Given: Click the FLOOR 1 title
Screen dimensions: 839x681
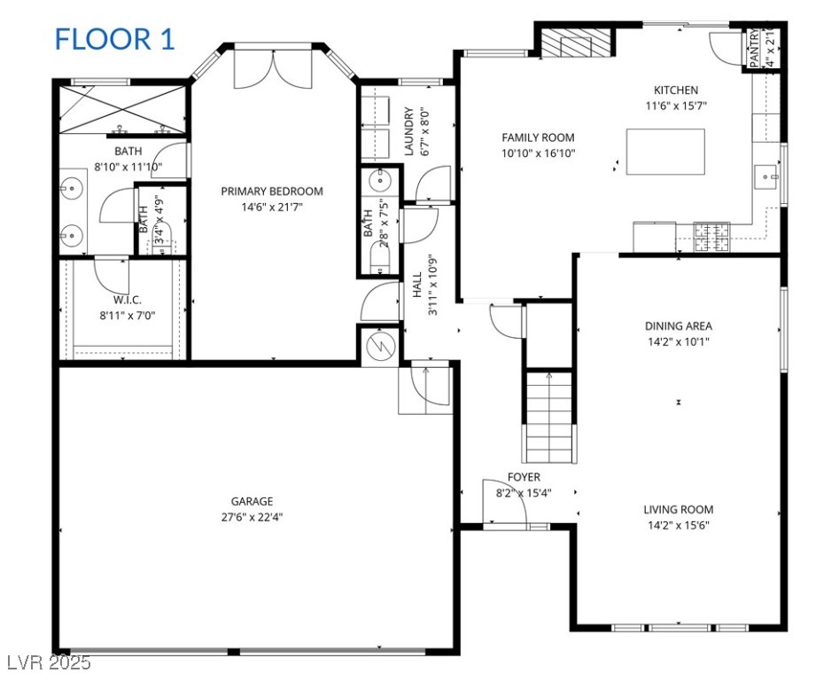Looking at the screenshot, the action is coord(115,40).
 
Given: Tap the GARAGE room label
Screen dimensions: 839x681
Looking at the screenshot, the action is coord(252,502).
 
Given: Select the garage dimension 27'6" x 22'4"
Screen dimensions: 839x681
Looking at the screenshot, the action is coord(252,517).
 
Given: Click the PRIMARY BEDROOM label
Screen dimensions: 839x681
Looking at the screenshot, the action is coord(272,192).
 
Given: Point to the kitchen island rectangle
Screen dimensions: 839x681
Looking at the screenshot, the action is coord(665,152).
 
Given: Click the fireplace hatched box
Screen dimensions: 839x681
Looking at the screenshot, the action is coord(575,43).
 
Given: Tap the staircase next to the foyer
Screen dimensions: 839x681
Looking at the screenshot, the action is coord(549,417).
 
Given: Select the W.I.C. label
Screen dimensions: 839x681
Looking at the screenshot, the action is coord(128,301).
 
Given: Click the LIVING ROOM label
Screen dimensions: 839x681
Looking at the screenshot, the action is coord(679,510).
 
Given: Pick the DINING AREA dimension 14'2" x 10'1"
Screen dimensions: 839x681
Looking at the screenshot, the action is coord(679,341).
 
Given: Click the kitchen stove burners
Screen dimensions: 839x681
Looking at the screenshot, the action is coord(711,237).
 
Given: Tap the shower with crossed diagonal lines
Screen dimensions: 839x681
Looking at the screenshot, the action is coord(122,110).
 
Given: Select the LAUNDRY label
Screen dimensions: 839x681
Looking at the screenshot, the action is coord(409,132).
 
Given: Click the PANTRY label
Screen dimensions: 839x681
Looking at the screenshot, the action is coord(755,48).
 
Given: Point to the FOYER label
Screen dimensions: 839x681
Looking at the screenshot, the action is coord(524,477).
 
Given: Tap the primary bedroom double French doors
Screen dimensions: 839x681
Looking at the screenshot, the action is coord(273,68).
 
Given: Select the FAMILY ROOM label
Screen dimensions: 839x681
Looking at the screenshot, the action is coord(539,137).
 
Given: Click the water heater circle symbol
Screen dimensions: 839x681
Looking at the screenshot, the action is coord(380,347).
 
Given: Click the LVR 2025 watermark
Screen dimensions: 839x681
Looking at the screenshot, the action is coord(46,662).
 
